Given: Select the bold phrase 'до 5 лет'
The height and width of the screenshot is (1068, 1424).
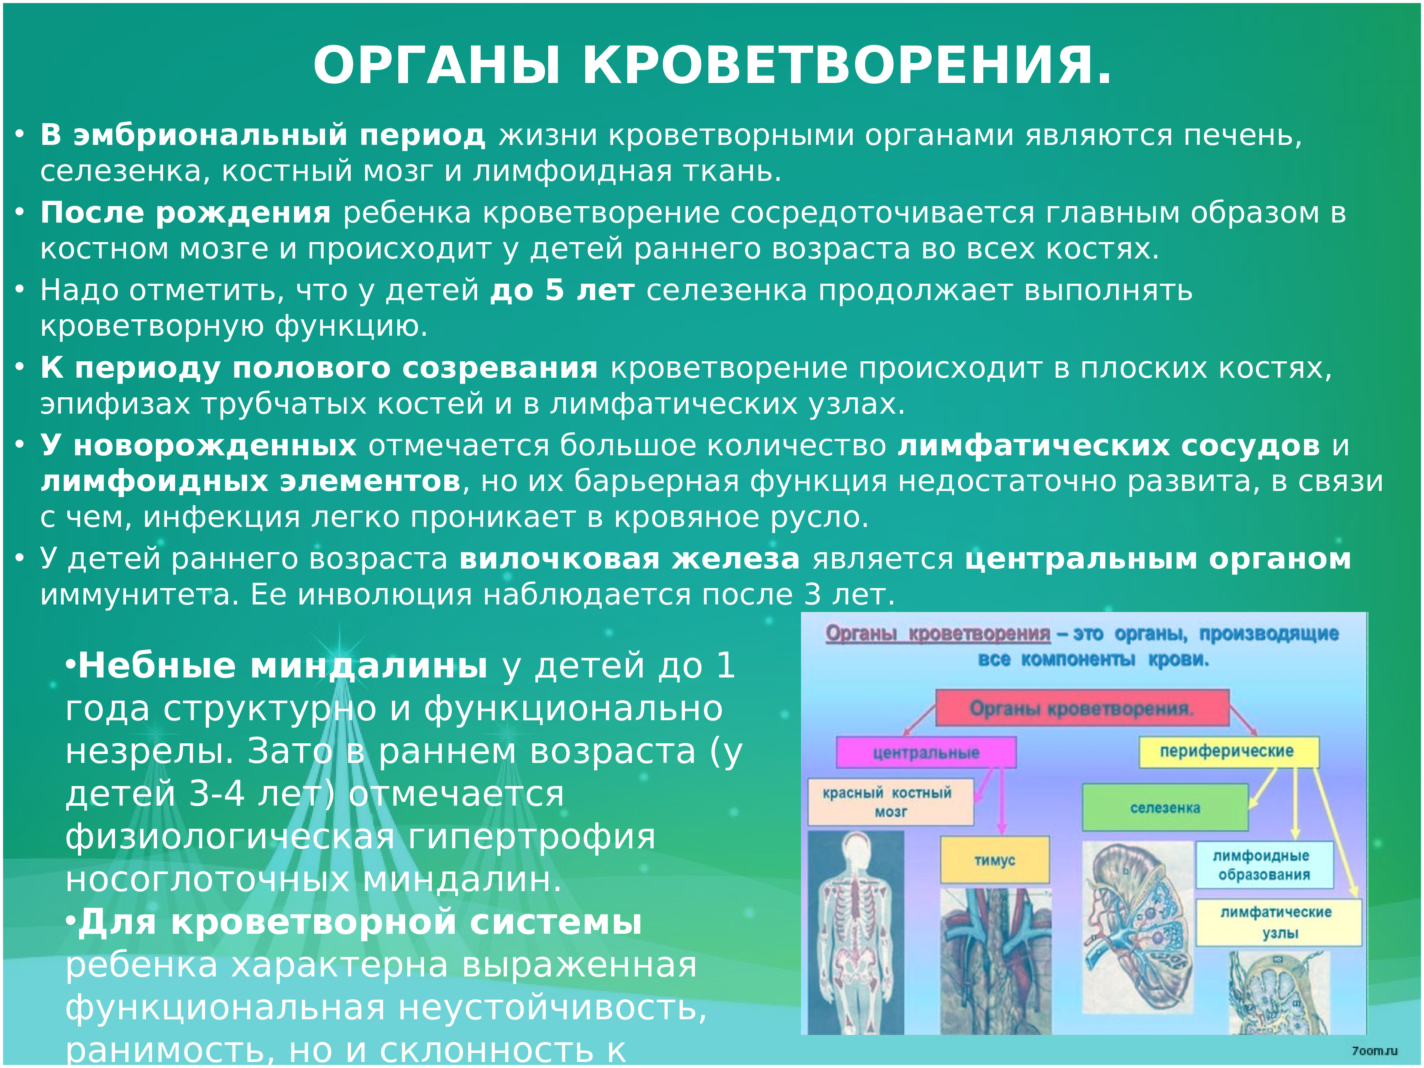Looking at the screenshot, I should point(562,290).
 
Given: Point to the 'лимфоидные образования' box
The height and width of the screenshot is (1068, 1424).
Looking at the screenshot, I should point(1264,865).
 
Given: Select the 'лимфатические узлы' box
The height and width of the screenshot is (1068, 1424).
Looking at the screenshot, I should point(1278,922).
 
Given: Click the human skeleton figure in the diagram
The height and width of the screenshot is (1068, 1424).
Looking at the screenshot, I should point(855,933).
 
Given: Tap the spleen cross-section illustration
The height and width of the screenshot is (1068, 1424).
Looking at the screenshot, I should point(1136,933).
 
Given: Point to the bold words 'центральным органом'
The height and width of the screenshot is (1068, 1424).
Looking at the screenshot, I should point(1157,559).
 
